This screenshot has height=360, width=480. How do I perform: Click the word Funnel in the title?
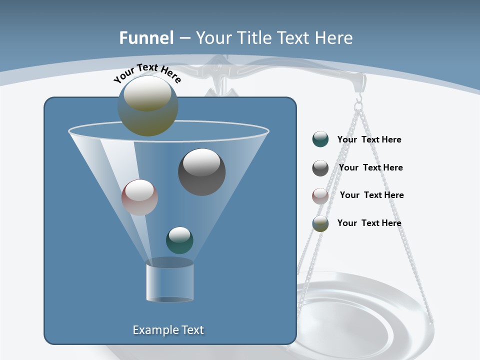[x=146, y=38]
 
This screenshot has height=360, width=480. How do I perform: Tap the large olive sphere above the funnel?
[x=147, y=106]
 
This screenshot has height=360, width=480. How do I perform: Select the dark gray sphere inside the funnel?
[x=202, y=172]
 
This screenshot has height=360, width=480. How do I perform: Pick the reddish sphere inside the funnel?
[x=139, y=197]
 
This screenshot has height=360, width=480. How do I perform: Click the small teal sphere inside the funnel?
[x=179, y=240]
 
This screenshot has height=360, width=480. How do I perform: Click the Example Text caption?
[x=168, y=330]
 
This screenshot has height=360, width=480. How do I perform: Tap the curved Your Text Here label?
[x=147, y=73]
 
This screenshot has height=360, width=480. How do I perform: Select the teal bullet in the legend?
[x=320, y=139]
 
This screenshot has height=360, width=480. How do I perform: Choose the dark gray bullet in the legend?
[x=320, y=168]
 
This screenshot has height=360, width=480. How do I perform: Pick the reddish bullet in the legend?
[x=320, y=195]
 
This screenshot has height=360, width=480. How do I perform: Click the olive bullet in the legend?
[x=320, y=223]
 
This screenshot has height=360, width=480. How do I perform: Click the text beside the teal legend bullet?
[x=369, y=139]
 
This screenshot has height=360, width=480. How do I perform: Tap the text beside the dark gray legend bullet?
[x=370, y=167]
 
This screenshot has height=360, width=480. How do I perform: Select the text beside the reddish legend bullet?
[x=371, y=195]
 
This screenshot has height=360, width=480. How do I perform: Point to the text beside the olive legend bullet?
[x=369, y=223]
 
